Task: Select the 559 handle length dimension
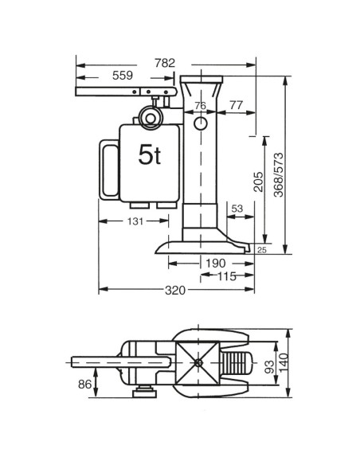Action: point(123,76)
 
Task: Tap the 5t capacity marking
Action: point(150,155)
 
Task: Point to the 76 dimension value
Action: point(200,105)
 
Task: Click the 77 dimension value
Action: point(237,105)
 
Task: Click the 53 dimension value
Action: point(237,209)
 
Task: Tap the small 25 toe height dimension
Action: point(262,250)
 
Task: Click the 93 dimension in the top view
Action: point(269,365)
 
